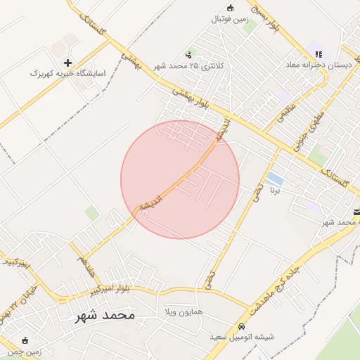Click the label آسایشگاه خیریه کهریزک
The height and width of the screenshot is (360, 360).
pyautogui.click(x=67, y=73)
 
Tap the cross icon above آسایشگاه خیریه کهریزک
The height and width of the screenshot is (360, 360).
pyautogui.click(x=68, y=63)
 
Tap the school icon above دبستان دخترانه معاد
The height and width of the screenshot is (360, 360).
pyautogui.click(x=319, y=54)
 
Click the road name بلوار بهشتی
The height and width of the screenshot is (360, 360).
pyautogui.click(x=192, y=97)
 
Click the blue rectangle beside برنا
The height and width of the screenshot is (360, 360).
pyautogui.click(x=276, y=179)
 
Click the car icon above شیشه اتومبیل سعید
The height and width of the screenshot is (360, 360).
pyautogui.click(x=241, y=327)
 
